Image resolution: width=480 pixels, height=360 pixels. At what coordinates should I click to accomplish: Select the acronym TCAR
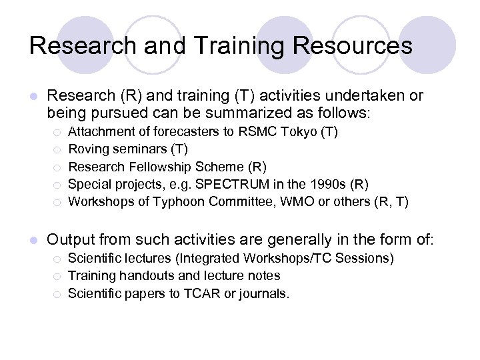tap(199, 293)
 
